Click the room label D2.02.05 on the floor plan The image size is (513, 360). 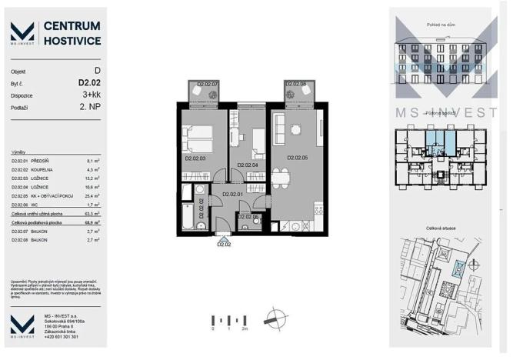pyautogui.click(x=297, y=158)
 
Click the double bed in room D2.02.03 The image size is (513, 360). pyautogui.click(x=198, y=138)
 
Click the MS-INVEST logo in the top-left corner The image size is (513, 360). pyautogui.click(x=22, y=32)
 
